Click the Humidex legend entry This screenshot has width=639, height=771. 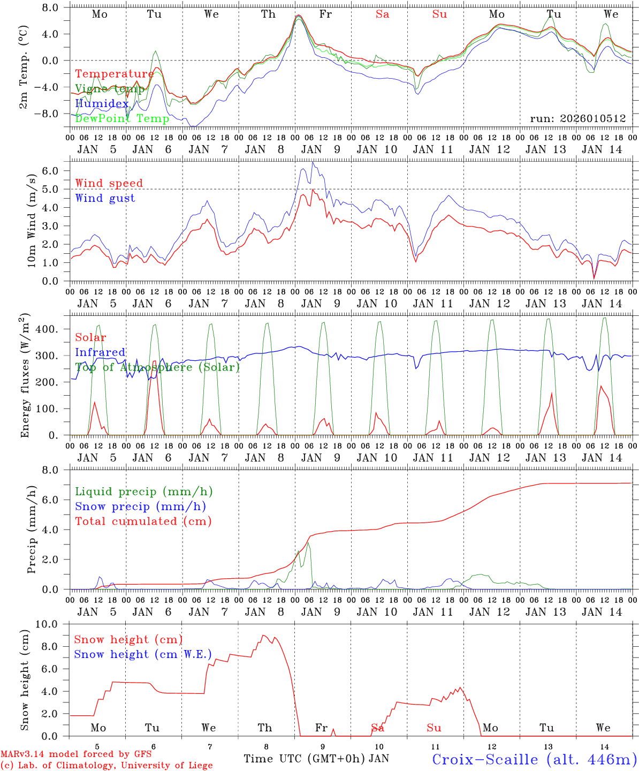click(102, 104)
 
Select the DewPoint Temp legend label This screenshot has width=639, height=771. click(122, 118)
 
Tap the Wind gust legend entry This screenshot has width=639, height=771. click(105, 198)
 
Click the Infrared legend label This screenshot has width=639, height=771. click(100, 352)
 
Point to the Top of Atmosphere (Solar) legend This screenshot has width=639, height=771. click(157, 367)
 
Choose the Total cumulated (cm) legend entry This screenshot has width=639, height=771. click(143, 521)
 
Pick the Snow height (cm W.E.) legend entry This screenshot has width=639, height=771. click(142, 654)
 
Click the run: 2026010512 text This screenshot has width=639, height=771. click(577, 118)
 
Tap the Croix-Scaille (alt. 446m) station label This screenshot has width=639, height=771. click(534, 759)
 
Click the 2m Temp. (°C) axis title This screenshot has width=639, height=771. click(24, 67)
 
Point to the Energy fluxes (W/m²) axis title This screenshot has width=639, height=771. click(25, 377)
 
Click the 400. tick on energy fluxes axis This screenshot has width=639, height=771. click(47, 329)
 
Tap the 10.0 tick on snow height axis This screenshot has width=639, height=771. click(48, 624)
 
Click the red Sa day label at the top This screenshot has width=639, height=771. click(382, 14)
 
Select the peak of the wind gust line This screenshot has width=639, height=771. click(313, 162)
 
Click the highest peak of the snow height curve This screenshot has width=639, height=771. click(263, 635)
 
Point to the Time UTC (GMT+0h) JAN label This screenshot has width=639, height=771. click(316, 759)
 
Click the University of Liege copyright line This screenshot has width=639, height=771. click(107, 766)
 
